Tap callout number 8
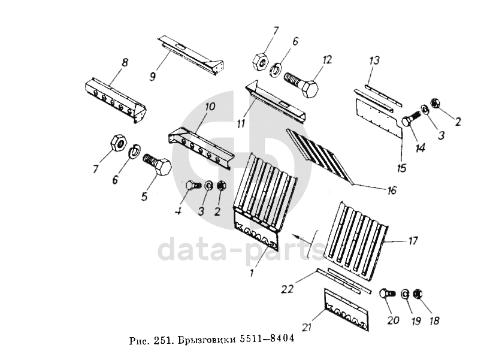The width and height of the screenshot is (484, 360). (x=124, y=62)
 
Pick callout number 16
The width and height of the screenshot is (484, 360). (x=392, y=191)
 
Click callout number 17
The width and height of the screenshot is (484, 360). (x=413, y=241)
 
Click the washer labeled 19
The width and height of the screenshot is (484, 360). (x=404, y=295)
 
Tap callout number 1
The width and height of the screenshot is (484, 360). (x=252, y=273)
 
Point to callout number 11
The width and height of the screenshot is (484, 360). (x=241, y=124)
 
